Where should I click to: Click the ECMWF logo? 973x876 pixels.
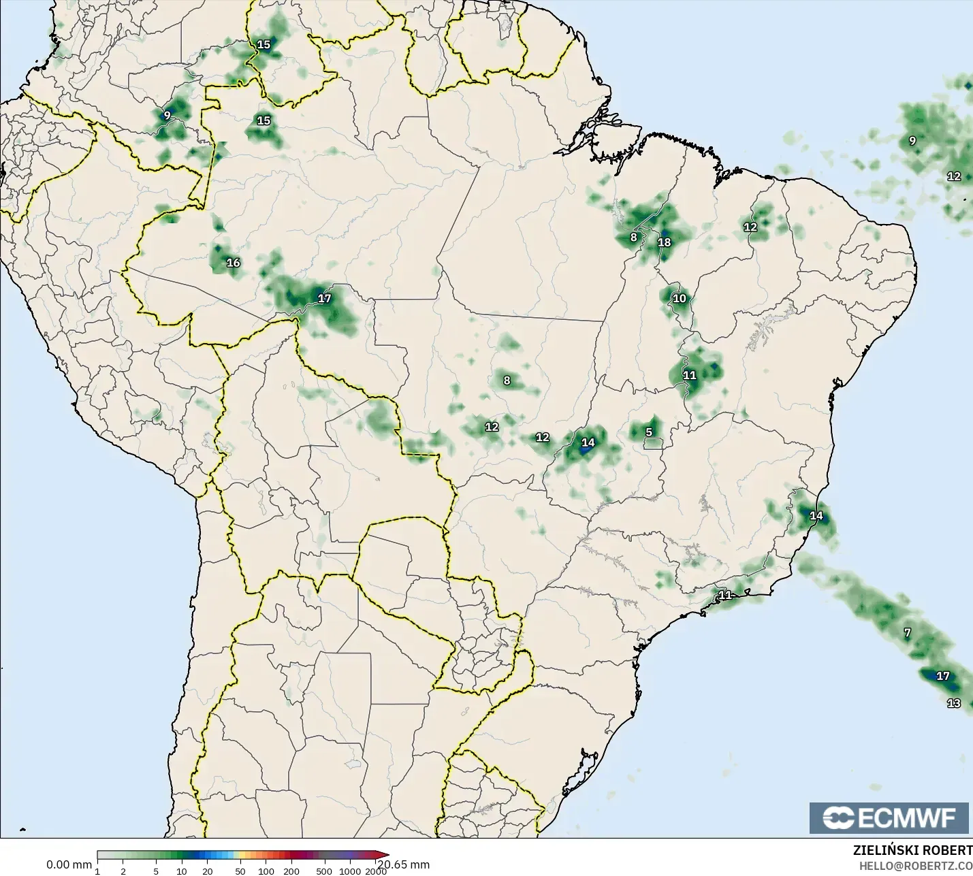click(x=889, y=817)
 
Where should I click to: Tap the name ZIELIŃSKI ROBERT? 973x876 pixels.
click(x=912, y=850)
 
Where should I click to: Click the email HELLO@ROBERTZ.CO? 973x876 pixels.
click(x=915, y=866)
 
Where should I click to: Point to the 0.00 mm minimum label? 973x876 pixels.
click(x=69, y=865)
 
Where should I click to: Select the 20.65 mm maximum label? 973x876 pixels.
click(x=404, y=864)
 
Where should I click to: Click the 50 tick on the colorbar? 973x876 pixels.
click(x=240, y=871)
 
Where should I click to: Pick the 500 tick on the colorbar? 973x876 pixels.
click(x=324, y=871)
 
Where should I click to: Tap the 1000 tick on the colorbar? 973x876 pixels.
click(x=350, y=871)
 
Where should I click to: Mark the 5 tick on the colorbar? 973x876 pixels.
click(x=156, y=871)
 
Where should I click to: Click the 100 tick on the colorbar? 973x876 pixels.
click(x=266, y=871)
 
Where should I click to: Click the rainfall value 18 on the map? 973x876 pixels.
click(x=665, y=242)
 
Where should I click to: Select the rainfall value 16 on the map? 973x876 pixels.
click(x=234, y=263)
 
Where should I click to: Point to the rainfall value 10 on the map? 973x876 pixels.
click(x=680, y=298)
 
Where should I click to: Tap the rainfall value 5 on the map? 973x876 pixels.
click(x=649, y=432)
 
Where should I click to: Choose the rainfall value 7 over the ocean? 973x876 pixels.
click(x=907, y=632)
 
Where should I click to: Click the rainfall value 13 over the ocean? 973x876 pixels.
click(x=954, y=703)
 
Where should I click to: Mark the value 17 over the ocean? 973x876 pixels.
click(x=942, y=676)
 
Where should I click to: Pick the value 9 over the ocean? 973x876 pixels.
click(x=912, y=141)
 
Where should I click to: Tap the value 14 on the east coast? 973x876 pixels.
click(x=816, y=515)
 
